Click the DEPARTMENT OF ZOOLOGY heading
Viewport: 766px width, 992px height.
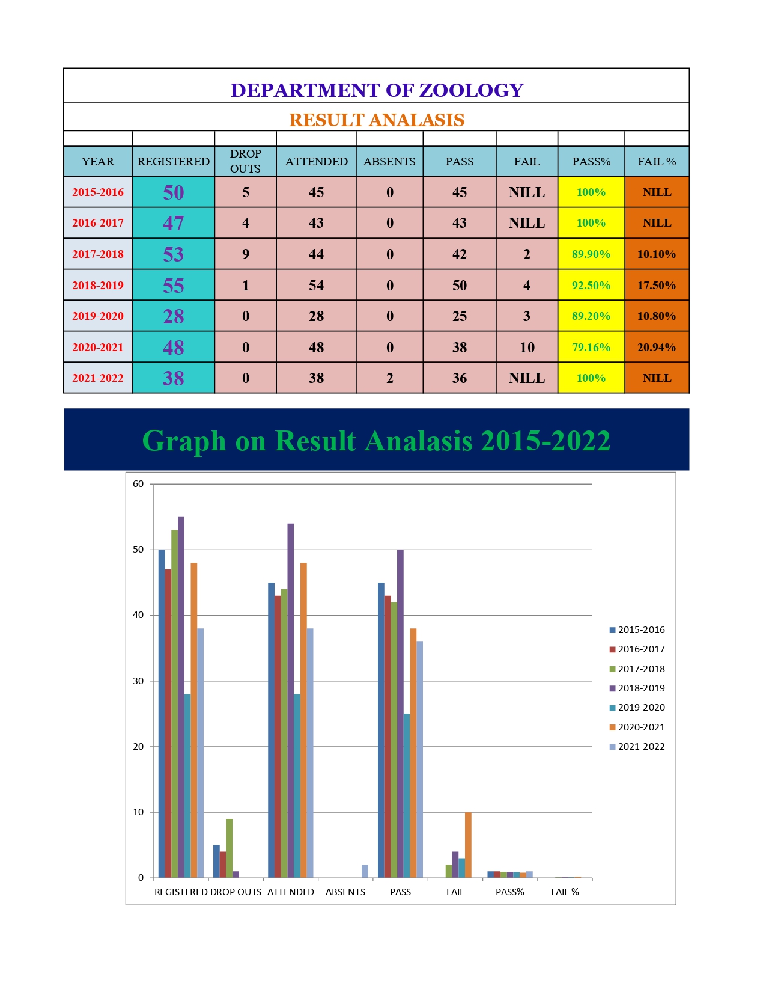pos(377,90)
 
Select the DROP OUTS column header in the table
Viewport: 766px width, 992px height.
pos(245,161)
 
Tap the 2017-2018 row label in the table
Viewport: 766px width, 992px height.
pos(98,254)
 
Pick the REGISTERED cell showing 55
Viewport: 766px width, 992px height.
pos(173,285)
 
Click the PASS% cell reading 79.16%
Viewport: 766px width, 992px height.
pos(591,347)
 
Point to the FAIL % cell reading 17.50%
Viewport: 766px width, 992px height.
pos(656,285)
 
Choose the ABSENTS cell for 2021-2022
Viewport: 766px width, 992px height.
pos(389,378)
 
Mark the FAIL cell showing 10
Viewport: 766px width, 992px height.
pos(527,347)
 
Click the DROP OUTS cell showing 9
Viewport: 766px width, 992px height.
pos(245,254)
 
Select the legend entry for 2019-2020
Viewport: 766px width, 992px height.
pos(640,708)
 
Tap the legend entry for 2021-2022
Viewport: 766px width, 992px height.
pos(640,747)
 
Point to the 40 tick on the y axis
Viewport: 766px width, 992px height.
pos(139,615)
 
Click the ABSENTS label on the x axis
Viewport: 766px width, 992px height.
pos(345,892)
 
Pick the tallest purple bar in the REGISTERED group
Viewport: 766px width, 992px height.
pos(181,697)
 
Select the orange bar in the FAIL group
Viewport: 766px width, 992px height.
pos(468,845)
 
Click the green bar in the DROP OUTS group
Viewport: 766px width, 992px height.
pos(229,848)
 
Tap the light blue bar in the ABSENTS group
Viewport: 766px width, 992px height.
pos(365,871)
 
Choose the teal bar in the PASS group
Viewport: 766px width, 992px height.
pos(407,796)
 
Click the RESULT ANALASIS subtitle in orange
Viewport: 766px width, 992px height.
pos(377,120)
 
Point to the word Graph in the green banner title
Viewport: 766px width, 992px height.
pos(184,441)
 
